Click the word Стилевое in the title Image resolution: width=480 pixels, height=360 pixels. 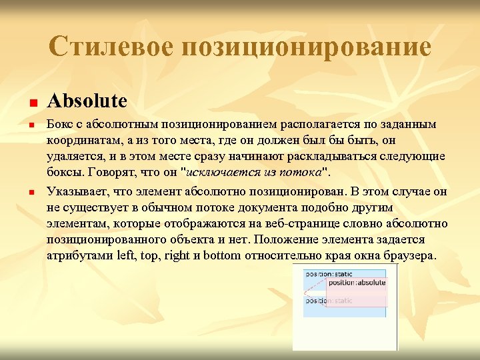pos(110,47)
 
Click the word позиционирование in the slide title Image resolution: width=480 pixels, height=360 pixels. pos(304,47)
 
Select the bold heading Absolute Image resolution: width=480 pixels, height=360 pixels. pos(87,101)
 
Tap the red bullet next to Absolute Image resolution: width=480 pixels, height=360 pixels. pos(31,104)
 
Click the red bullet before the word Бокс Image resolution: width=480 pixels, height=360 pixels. pos(31,125)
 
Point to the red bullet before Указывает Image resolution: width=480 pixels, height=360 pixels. pos(31,193)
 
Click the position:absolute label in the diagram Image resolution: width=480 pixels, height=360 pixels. pos(357,283)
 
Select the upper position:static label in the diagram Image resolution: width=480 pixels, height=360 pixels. pos(328,274)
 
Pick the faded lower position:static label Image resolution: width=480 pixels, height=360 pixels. pos(328,301)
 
